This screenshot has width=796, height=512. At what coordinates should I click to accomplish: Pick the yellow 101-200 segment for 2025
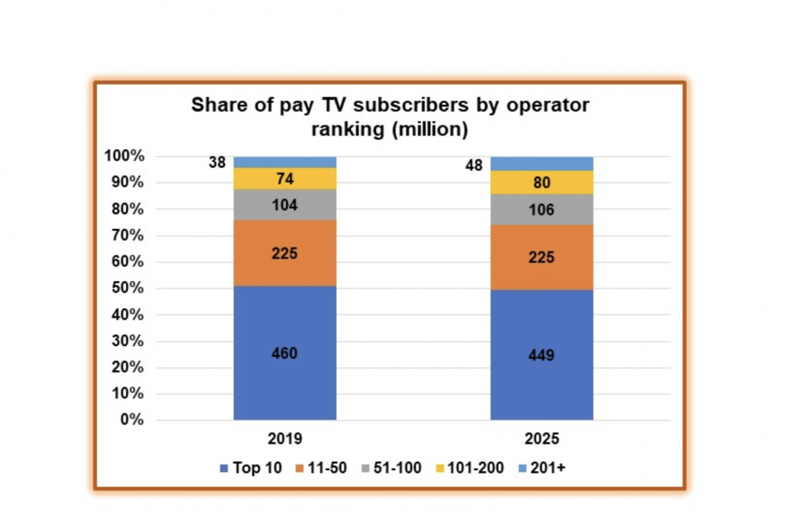tap(541, 182)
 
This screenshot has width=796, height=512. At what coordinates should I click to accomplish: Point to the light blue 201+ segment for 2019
tap(285, 162)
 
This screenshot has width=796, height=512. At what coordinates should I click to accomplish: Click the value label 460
tap(285, 353)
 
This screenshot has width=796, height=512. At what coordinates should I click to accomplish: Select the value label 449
tap(541, 355)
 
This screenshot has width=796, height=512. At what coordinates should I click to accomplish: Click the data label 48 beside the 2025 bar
tap(474, 166)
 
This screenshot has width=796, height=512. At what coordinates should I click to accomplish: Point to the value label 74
tap(285, 179)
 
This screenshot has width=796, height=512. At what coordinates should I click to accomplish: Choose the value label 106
tap(541, 210)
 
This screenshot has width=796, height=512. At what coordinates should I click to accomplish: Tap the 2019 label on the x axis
tap(285, 439)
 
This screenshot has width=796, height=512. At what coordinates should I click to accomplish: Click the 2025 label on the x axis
tap(541, 439)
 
